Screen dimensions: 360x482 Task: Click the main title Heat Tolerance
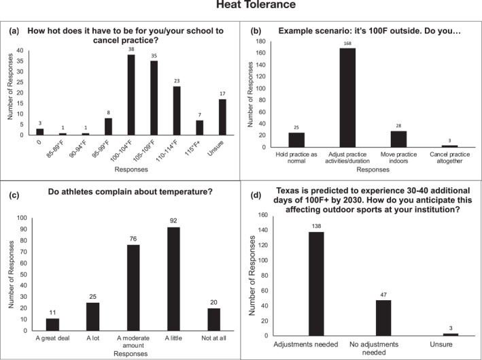241,6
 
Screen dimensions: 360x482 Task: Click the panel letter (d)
256,196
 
